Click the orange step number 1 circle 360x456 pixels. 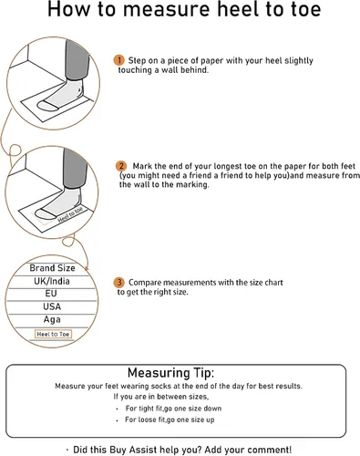(119, 60)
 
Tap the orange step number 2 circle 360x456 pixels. (121, 166)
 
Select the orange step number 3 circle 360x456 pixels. (119, 283)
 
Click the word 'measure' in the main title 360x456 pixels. (166, 9)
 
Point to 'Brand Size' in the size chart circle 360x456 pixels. (52, 268)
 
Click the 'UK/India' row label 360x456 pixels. (52, 281)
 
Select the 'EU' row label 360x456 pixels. (51, 294)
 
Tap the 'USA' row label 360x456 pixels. (52, 306)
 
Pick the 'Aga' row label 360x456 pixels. (52, 319)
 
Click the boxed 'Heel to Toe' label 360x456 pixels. (53, 334)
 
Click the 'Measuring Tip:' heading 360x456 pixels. (171, 373)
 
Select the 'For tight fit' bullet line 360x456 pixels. (173, 409)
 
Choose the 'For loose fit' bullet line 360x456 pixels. (170, 420)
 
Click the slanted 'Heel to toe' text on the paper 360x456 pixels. (70, 214)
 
